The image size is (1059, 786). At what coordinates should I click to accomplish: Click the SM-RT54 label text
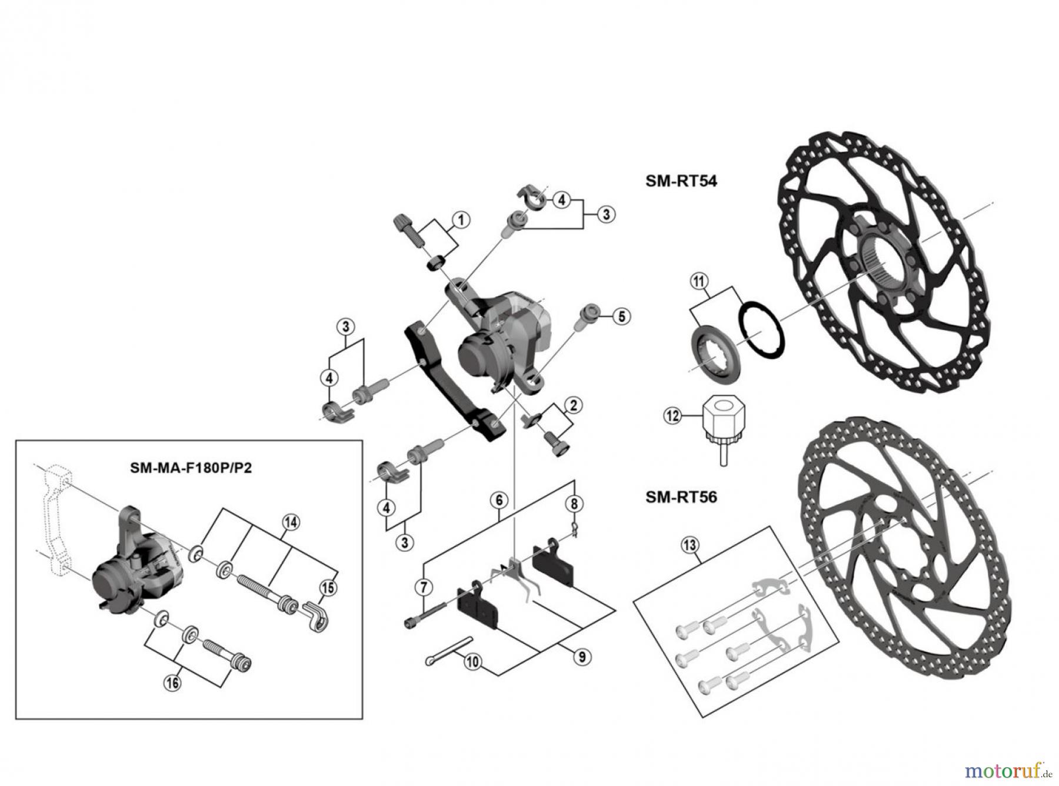[x=681, y=181]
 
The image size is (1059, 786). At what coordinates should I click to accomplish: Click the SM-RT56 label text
[x=681, y=497]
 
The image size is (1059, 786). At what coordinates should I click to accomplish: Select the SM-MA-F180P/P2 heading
[x=190, y=469]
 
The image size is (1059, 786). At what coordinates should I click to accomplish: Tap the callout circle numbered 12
[x=672, y=416]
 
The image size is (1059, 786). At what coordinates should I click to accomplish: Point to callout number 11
[x=699, y=281]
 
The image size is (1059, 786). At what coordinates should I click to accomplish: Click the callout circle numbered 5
[x=621, y=317]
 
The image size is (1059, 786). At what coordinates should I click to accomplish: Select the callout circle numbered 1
[x=461, y=220]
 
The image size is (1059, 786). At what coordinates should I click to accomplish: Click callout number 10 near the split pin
[x=472, y=662]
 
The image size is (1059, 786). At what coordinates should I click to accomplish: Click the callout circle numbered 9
[x=581, y=656]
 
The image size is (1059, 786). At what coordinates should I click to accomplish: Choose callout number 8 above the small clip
[x=574, y=504]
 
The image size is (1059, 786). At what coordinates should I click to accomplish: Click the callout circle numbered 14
[x=290, y=522]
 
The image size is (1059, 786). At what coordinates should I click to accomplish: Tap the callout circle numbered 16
[x=172, y=682]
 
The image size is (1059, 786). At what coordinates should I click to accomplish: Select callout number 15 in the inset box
[x=328, y=587]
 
